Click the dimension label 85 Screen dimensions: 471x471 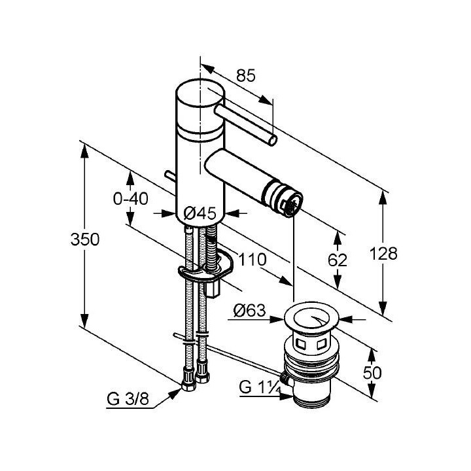245,76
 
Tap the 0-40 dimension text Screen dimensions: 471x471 131,198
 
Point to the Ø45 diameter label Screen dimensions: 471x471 200,213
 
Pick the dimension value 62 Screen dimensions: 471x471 338,260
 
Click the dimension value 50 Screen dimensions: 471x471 372,373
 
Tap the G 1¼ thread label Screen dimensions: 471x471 259,387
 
